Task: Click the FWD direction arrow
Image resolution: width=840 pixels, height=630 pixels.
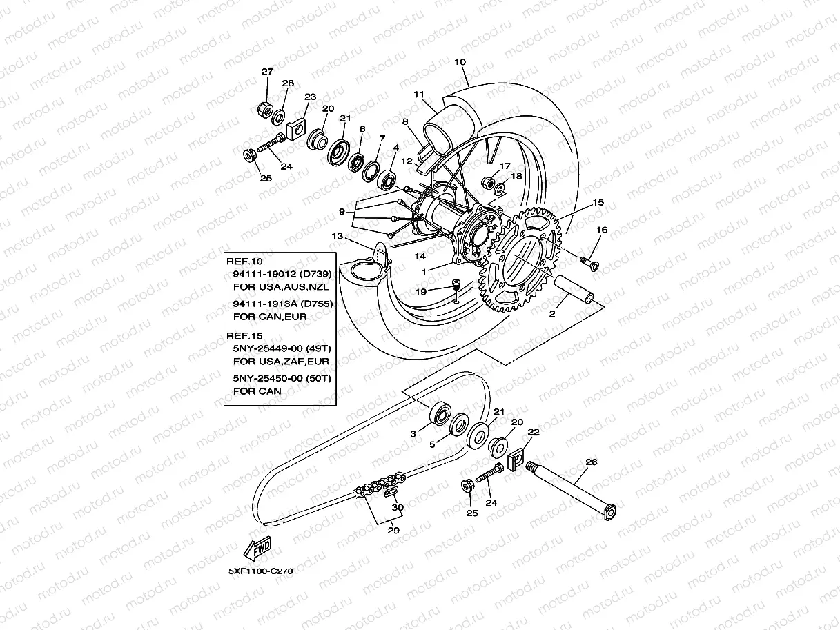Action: coord(257,550)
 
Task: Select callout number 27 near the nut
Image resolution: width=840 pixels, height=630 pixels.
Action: coord(267,72)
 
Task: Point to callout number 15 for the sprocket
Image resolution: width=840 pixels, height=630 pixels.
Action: coord(598,203)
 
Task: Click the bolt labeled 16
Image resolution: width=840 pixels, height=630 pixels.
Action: coord(589,262)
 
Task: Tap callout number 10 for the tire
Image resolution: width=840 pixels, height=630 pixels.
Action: coord(460,62)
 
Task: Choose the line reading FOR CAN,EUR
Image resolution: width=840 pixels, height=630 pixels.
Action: coord(270,316)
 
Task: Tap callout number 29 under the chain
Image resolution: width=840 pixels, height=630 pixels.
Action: coord(393,531)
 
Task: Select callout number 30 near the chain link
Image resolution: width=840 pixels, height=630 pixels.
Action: coord(397,507)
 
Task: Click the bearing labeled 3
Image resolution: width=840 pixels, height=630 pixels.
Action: coord(439,415)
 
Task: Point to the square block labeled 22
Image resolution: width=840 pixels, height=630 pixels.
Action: coord(516,460)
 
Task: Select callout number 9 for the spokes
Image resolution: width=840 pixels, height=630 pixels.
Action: coord(342,211)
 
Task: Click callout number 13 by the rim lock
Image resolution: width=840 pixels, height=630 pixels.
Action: coord(337,236)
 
